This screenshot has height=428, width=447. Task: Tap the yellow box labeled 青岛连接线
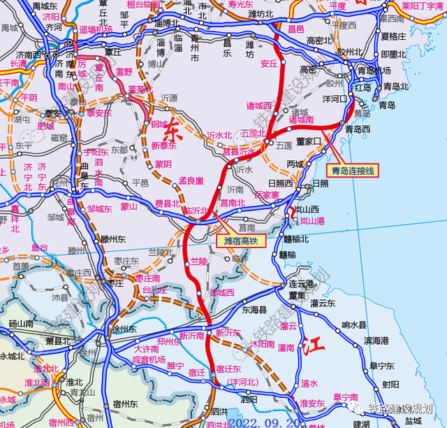(353, 170)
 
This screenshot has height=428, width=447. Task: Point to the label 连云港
(302, 285)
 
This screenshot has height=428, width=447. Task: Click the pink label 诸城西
(259, 106)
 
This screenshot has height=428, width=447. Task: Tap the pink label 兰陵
(199, 261)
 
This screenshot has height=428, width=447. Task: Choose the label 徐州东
(126, 329)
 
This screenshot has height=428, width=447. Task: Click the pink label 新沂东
(228, 334)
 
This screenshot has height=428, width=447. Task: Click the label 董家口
(307, 141)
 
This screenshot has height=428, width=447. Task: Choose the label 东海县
(255, 309)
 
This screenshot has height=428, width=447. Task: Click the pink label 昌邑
(296, 29)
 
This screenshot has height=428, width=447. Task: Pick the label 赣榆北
(295, 238)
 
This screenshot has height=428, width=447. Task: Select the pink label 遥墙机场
(95, 31)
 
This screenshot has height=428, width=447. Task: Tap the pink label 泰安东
(98, 113)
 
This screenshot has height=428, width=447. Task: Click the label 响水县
(354, 325)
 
